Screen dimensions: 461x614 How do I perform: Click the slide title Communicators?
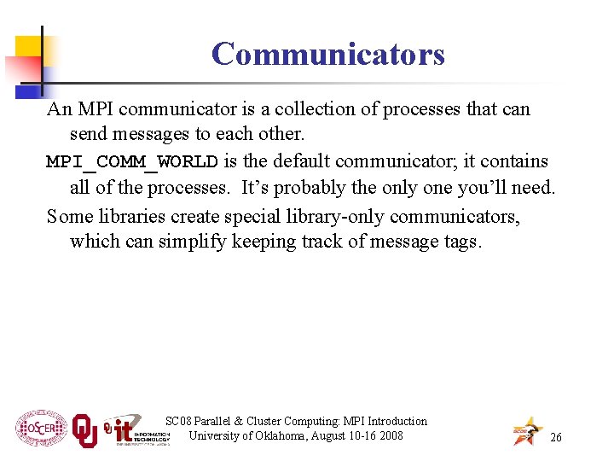coord(327,54)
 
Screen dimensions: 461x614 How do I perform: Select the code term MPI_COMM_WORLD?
coord(132,161)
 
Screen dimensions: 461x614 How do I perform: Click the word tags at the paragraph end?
coord(463,242)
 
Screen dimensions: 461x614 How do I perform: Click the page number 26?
coord(556,437)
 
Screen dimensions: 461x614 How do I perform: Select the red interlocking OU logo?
coord(84,430)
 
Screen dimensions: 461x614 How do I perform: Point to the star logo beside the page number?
coord(526,431)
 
